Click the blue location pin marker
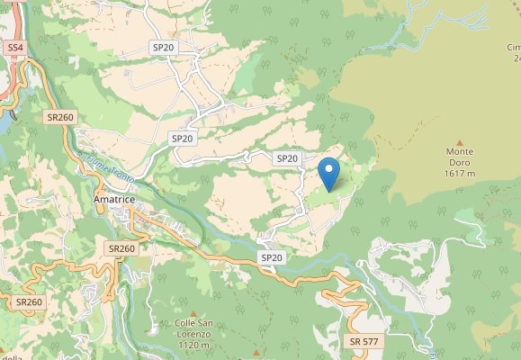click(329, 173)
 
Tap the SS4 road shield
click(14, 47)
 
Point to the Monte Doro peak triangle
click(460, 142)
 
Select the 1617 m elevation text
click(460, 174)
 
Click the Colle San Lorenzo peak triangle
click(193, 312)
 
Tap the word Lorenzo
click(193, 334)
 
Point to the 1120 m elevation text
click(193, 345)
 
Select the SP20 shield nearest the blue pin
click(286, 158)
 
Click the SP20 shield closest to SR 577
click(271, 257)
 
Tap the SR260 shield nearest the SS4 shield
click(60, 117)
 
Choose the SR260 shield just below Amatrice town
click(121, 248)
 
